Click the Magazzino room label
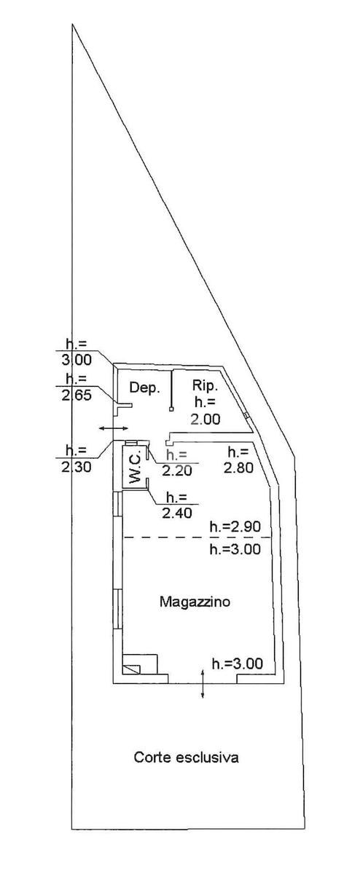(195, 602)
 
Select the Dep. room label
(145, 387)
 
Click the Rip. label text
(205, 386)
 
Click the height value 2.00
(206, 419)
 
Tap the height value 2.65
(77, 395)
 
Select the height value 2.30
(77, 467)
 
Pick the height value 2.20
(177, 471)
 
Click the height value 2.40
(177, 513)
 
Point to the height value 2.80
(238, 467)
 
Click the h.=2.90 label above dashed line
(235, 527)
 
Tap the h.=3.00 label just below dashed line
(235, 549)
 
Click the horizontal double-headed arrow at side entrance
(113, 428)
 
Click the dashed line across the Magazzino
(197, 538)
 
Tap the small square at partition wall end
(171, 409)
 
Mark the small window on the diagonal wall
(246, 416)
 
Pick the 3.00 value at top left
(77, 359)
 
